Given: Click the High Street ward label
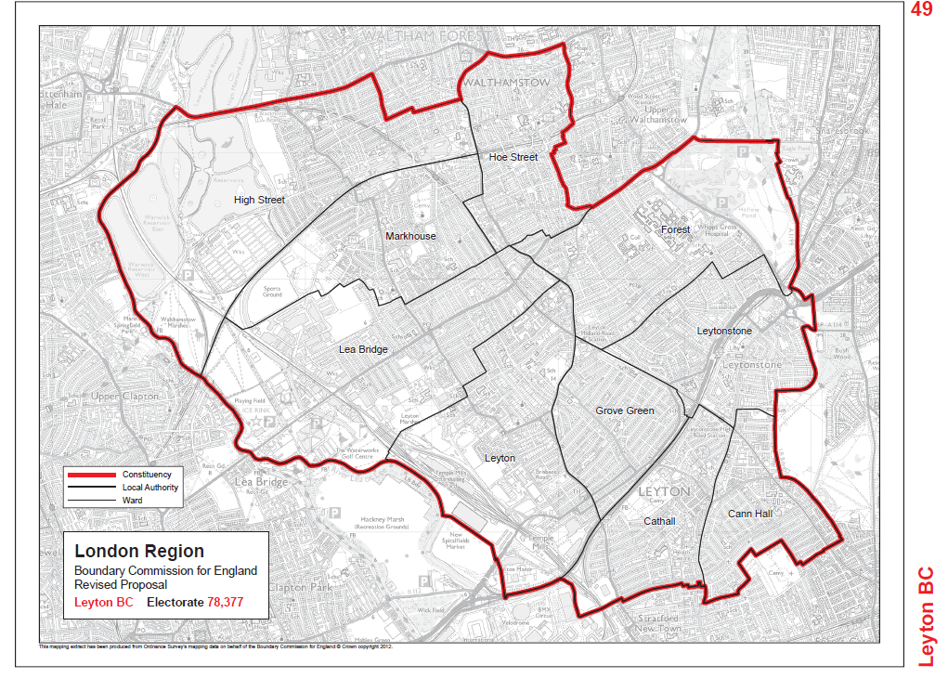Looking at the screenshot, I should point(259,200).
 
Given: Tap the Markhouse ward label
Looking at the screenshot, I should point(410,236).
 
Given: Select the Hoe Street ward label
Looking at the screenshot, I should point(513,157).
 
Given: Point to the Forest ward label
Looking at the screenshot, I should point(675,229).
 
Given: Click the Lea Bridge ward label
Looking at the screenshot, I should point(362,349).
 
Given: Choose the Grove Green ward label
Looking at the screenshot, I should point(625,411).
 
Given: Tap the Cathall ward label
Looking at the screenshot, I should point(659,521).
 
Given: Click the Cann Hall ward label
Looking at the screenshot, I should point(749,514).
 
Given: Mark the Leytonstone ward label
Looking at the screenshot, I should point(724,331).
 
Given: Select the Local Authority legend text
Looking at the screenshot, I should point(150,488).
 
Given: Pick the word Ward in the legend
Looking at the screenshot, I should point(133,501).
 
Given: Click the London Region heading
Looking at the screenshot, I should point(139,552).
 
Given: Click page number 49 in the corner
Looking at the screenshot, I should point(921,10).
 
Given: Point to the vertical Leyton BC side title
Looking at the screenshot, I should point(926,617).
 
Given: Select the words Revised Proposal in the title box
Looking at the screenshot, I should point(121,585).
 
